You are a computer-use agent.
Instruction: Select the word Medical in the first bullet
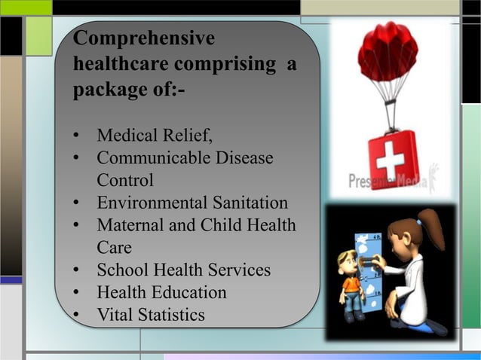[125, 136]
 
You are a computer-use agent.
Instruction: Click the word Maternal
[129, 225]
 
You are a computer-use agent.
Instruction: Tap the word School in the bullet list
[121, 270]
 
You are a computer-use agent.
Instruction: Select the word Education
[188, 292]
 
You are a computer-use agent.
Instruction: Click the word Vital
[115, 314]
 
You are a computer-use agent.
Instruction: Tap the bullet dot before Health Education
[77, 293]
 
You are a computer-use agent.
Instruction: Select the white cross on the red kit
[390, 160]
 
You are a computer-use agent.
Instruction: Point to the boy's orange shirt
[351, 286]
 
